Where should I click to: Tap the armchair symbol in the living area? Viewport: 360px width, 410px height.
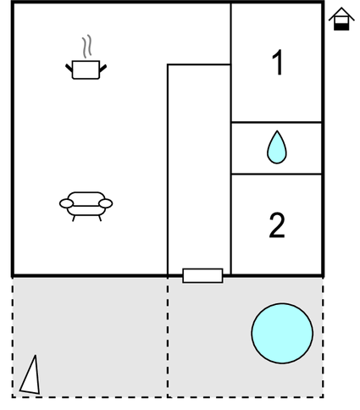pos(86,206)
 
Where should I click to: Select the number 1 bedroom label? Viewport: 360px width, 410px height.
pos(277,63)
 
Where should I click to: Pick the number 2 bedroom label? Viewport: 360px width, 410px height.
pos(277,225)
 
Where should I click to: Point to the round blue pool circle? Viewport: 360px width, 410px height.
pos(282,333)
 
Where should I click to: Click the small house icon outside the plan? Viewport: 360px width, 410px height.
pos(341,19)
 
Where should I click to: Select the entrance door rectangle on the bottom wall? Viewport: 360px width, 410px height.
pos(202,275)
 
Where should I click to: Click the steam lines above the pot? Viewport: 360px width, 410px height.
pos(87,47)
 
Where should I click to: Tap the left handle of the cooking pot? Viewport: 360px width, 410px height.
pos(69,68)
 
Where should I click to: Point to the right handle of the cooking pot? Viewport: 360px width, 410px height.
pos(103,68)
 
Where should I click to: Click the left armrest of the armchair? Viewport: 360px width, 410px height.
pos(66,203)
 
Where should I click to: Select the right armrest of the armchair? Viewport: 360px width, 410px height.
pos(106,203)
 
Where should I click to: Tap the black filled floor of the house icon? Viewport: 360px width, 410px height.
pos(341,27)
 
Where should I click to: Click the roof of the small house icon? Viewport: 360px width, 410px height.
pos(341,14)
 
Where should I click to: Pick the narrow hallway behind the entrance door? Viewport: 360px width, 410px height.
pos(199,167)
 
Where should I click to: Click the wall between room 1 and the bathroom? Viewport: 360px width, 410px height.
pos(276,122)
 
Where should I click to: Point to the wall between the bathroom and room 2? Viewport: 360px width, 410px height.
pos(276,175)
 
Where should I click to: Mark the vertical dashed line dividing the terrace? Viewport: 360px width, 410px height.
pos(168,337)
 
